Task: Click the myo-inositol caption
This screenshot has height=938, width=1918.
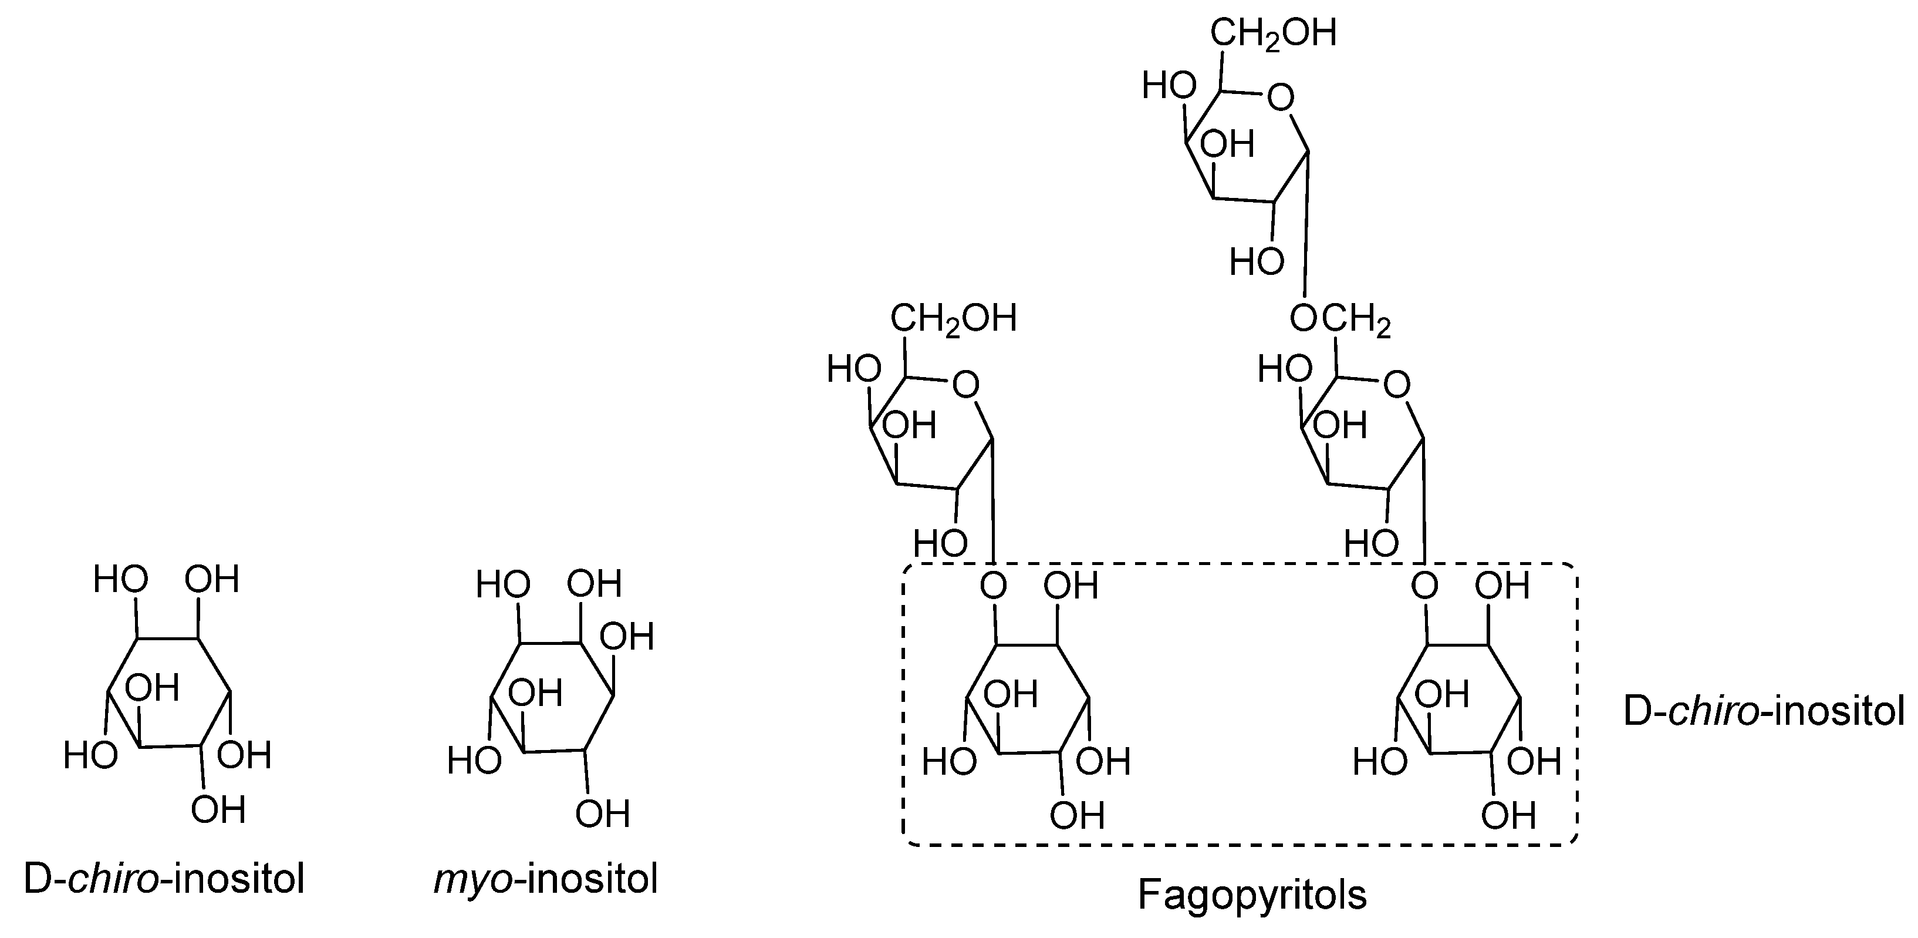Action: (x=546, y=879)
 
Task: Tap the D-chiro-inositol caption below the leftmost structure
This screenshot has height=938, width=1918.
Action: (x=164, y=879)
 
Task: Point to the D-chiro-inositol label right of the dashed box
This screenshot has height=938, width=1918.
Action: (x=1763, y=711)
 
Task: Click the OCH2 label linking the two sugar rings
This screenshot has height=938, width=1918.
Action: (x=1340, y=320)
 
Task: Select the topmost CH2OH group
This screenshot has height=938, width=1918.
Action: (x=1272, y=34)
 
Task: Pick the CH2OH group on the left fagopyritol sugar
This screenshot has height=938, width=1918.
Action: (x=953, y=320)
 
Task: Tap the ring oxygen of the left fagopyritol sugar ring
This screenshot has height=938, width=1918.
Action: (x=965, y=385)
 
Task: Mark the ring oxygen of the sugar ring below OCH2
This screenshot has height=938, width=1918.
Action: (x=1397, y=385)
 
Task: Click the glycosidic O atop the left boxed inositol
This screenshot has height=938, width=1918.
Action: (x=993, y=586)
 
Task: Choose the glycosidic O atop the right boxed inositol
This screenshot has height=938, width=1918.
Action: (x=1424, y=586)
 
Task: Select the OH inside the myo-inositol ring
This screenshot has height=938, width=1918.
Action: (x=535, y=694)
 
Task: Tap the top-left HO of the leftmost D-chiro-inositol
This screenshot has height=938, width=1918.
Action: (x=121, y=580)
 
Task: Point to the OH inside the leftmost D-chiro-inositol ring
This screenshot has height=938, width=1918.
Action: (x=152, y=688)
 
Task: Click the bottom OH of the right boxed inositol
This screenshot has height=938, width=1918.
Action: (x=1508, y=816)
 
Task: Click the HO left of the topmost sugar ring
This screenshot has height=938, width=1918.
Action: (x=1169, y=86)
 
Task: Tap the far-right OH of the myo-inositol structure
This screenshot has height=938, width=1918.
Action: (x=627, y=638)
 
